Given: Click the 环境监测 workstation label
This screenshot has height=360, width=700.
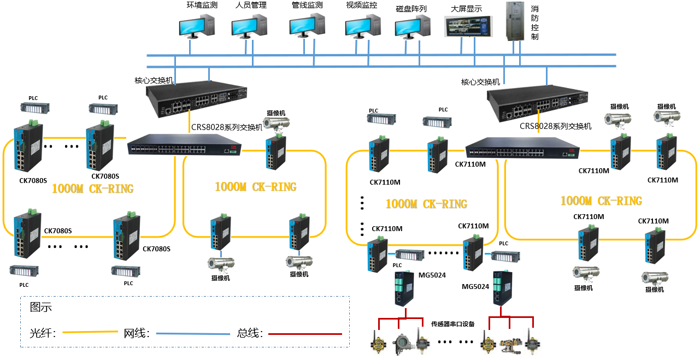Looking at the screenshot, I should click(202, 5).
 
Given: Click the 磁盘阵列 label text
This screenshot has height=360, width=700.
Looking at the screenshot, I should click(411, 9).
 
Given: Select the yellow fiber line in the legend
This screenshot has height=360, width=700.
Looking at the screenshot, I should click(90, 332).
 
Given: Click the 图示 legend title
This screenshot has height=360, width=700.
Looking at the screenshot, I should click(41, 308).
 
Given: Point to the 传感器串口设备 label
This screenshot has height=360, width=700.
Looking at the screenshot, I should click(453, 324).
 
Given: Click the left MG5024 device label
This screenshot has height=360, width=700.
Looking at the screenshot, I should click(432, 275).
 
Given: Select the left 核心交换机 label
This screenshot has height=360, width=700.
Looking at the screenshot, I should click(154, 80).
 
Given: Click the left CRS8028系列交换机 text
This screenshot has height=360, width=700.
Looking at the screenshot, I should click(227, 127).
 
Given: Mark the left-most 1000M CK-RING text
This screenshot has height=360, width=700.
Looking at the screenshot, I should click(92, 189).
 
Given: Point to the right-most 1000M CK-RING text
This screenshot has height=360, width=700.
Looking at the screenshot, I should click(601, 201).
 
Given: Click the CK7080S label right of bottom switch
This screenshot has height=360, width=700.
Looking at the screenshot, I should click(157, 249).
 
